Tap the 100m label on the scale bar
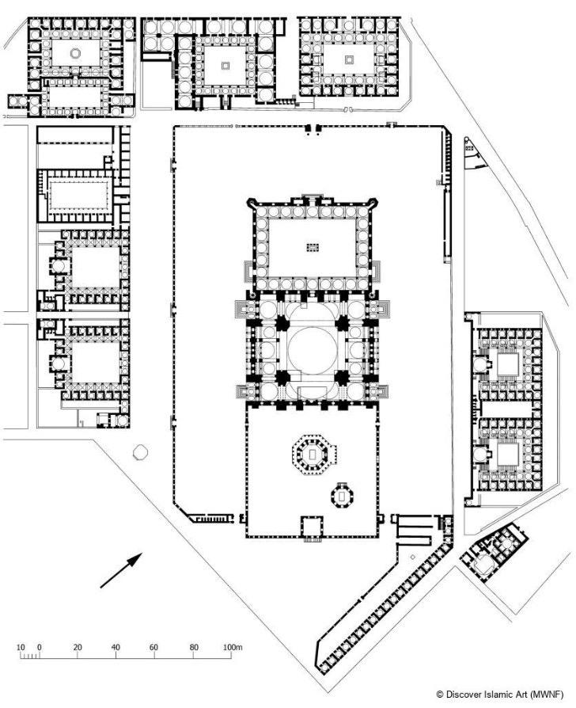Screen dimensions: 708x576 click(233, 648)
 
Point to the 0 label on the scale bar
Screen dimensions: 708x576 click(40, 648)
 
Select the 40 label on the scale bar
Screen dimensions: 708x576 click(116, 648)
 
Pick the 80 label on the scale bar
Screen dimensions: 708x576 click(193, 648)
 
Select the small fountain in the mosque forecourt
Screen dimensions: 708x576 click(312, 247)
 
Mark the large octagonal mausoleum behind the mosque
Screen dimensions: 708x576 click(311, 454)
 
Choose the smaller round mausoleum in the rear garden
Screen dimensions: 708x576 click(343, 497)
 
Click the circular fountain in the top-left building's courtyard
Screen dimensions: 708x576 click(75, 54)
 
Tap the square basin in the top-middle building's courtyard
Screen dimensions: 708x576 click(225, 67)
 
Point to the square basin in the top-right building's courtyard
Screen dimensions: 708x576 click(349, 59)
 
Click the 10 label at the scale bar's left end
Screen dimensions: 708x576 click(21, 648)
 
